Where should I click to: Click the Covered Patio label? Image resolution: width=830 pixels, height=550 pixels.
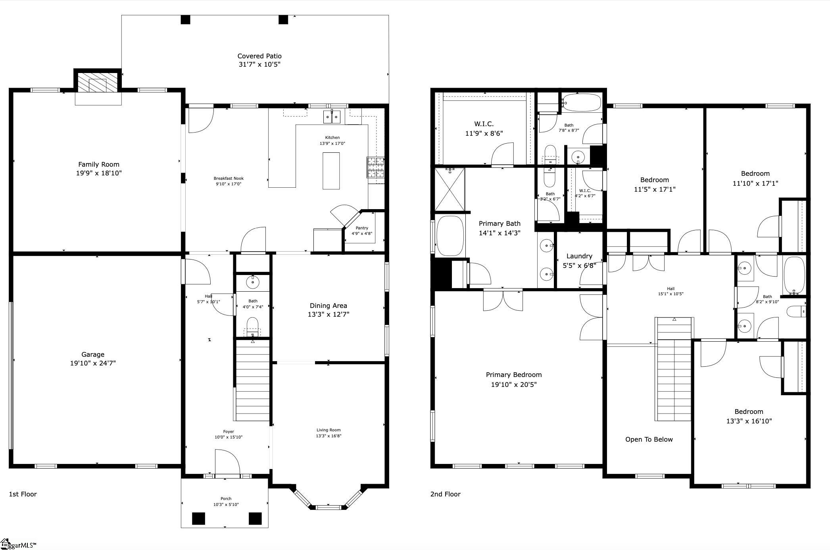point(259,56)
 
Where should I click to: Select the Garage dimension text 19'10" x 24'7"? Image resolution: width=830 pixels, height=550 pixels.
point(93,363)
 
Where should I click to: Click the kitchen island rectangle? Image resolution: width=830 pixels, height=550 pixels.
point(331,171)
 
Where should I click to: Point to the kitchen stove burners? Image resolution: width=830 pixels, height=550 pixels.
point(376,167)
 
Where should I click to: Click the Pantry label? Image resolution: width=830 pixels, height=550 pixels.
point(362,228)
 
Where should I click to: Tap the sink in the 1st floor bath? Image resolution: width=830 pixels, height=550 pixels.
point(253,282)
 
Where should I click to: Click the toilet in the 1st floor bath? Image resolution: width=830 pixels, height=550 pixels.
point(253,327)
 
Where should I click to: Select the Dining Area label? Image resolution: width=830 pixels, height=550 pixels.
point(328,306)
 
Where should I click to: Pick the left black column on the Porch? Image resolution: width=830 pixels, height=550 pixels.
point(198,519)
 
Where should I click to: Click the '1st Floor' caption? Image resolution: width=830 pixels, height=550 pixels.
point(23,494)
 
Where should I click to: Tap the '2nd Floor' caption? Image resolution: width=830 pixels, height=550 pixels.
point(445,494)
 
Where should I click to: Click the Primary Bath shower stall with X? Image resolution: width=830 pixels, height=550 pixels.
point(450,189)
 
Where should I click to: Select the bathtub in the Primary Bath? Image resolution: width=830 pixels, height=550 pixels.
point(450,236)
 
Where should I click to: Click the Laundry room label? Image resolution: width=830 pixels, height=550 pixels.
point(579,256)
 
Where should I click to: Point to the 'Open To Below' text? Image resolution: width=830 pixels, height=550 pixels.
point(649,439)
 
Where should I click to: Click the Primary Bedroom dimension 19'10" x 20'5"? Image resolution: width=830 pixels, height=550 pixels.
point(514,385)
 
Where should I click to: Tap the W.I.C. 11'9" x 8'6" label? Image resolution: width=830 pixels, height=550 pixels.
point(484,129)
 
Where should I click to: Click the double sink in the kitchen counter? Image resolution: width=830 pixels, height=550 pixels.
point(332,117)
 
